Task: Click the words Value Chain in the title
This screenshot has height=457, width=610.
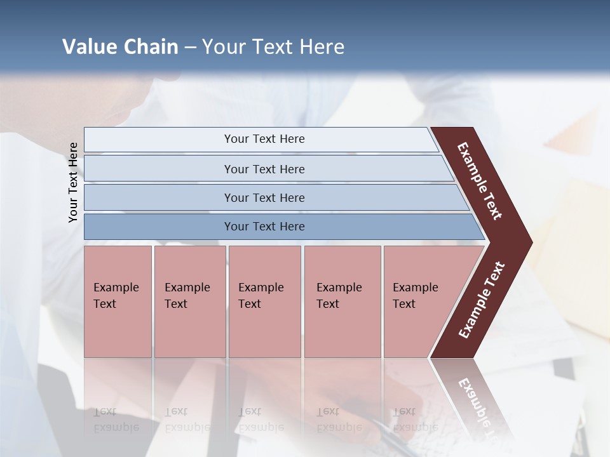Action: click(x=120, y=47)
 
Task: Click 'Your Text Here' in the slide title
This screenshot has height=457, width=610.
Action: click(x=273, y=47)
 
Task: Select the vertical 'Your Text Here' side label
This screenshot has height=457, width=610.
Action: click(x=73, y=182)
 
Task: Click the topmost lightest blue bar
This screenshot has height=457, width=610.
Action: click(x=159, y=140)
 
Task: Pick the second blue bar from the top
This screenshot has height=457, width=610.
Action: click(x=159, y=169)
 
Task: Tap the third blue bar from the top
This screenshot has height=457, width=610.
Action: click(x=159, y=197)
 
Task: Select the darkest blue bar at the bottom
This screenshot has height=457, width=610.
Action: click(x=159, y=227)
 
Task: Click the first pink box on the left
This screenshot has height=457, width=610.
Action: click(x=118, y=330)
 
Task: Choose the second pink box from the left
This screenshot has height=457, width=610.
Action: click(x=190, y=330)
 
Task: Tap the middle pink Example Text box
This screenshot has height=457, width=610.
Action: click(x=264, y=330)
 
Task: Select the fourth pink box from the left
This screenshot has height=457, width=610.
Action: click(x=342, y=330)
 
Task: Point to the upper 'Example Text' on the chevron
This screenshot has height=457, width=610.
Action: click(x=480, y=181)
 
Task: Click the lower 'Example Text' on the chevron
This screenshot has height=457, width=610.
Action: click(x=482, y=300)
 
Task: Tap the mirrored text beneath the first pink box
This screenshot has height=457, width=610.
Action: click(x=116, y=419)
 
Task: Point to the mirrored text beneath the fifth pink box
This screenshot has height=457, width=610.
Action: click(x=415, y=419)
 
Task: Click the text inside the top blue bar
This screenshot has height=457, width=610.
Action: click(x=264, y=139)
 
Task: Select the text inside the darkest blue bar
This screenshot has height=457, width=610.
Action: click(x=264, y=227)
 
